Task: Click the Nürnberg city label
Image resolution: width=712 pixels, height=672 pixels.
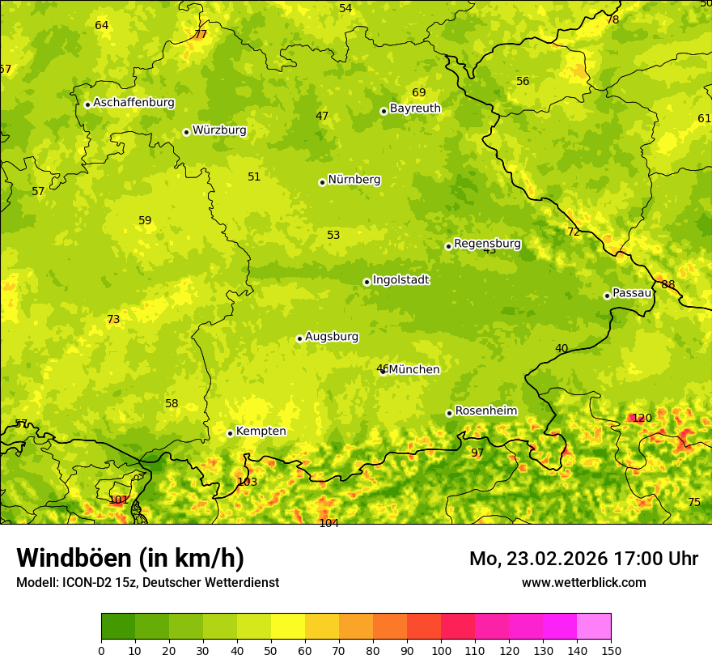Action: point(354,180)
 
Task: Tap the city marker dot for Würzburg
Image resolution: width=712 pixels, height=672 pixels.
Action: point(186,132)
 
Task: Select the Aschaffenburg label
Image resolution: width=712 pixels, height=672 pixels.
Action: point(133,103)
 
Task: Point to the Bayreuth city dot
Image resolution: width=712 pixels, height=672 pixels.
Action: point(384,111)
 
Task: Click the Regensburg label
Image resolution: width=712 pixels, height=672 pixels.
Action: point(487,244)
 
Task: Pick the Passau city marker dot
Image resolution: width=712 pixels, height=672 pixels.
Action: point(607,296)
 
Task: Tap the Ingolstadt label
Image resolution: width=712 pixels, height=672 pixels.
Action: point(400,280)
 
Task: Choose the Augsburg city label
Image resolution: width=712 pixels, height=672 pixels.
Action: point(332,337)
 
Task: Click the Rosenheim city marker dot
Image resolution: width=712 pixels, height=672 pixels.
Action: point(449,413)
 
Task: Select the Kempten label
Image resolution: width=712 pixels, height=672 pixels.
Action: point(261,432)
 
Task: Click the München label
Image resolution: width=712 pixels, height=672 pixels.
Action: point(414,370)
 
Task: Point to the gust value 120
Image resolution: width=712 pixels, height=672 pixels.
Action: point(642,419)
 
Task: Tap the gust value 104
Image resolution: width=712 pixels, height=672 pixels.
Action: point(328,523)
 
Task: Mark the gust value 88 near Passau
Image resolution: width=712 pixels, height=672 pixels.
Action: point(667,284)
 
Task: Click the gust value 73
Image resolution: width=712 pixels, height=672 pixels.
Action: point(113,320)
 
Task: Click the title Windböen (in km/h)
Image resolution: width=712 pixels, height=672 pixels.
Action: point(130,559)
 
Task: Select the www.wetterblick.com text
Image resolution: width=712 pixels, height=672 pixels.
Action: point(583,582)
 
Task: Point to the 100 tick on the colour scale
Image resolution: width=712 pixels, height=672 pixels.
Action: point(441,650)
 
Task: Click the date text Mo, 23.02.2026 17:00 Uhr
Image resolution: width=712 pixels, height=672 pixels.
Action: point(583,559)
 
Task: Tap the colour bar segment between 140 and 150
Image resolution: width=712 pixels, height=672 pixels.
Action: point(594,627)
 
